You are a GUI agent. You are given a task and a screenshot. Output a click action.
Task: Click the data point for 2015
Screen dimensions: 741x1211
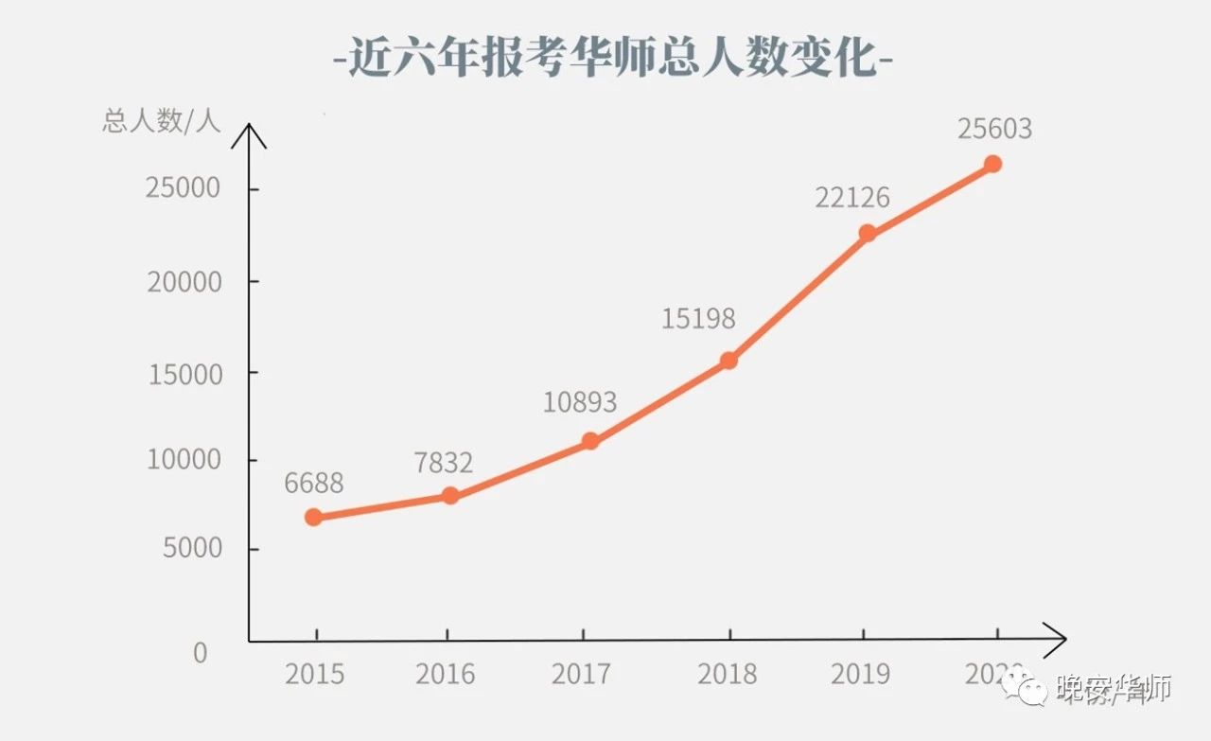313,517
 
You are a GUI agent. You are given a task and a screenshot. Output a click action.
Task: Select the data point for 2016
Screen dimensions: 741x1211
450,495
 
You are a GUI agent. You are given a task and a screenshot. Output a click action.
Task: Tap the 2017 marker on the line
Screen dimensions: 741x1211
590,440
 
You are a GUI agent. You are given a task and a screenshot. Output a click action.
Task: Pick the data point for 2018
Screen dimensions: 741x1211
728,360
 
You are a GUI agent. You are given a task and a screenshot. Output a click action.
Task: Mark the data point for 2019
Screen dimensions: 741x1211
867,233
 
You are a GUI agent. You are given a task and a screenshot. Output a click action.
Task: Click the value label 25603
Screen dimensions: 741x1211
994,129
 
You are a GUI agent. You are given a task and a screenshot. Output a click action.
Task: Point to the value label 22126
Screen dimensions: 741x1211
852,197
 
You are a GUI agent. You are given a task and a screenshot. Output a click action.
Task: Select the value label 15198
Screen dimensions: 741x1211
698,319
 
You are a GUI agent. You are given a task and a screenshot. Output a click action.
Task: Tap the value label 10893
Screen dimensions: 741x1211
579,402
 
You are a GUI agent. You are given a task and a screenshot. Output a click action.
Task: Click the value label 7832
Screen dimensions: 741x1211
443,463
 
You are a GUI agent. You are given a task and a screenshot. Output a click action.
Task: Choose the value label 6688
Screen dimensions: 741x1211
313,484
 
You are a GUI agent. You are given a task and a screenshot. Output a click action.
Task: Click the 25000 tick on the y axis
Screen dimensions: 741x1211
184,188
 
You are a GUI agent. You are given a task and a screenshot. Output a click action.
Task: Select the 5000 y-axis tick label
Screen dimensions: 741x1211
192,548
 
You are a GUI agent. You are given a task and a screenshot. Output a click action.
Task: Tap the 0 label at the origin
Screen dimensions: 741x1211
200,653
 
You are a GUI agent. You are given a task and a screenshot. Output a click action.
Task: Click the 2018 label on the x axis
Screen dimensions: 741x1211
727,674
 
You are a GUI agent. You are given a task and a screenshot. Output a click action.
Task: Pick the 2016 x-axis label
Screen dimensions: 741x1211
445,674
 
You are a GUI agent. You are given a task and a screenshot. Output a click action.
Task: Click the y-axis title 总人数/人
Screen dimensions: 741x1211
161,121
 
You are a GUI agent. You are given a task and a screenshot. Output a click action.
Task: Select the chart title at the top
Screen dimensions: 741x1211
613,59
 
